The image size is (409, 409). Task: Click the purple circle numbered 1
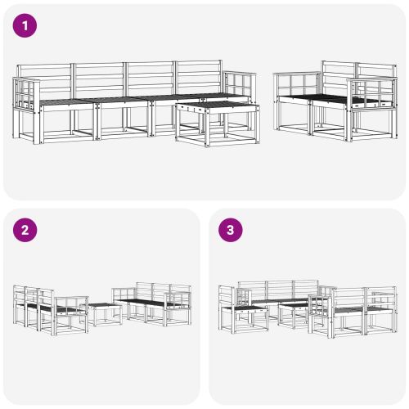pos(26,26)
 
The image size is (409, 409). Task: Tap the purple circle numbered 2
pos(26,231)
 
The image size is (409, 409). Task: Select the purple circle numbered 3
pos(231,231)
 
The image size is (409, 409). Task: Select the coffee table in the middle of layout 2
pos(103,312)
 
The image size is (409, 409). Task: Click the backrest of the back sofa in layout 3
pos(277,290)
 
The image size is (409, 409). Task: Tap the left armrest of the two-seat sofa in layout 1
pos(292,84)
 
